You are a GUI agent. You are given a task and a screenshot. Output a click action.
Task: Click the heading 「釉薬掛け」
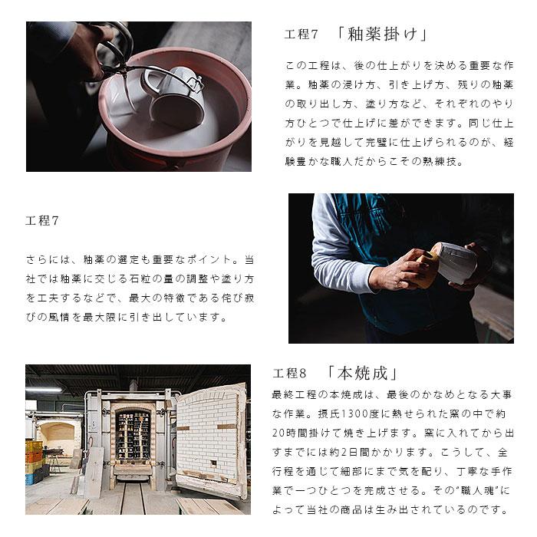[381, 35]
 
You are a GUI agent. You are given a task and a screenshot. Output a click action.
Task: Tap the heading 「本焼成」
[361, 374]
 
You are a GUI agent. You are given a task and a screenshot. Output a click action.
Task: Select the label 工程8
[289, 374]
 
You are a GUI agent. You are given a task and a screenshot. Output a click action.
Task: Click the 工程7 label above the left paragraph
[42, 221]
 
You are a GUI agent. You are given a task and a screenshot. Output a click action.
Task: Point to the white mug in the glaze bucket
[178, 96]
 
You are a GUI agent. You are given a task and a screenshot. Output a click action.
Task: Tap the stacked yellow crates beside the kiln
[34, 453]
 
